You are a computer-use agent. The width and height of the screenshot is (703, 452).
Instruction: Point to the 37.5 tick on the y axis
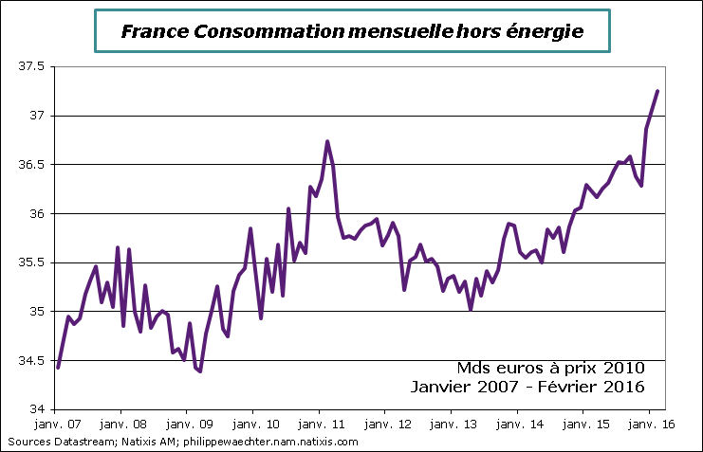32,66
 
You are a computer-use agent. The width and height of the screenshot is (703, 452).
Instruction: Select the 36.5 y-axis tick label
32,164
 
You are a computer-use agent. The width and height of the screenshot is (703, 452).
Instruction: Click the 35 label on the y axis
38,311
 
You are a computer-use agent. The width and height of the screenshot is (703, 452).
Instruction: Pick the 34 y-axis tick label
38,408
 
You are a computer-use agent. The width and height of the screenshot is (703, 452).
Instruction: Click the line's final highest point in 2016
657,91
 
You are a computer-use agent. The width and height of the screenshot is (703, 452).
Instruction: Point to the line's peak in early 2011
327,141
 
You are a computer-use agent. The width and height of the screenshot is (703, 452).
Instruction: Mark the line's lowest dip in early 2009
200,371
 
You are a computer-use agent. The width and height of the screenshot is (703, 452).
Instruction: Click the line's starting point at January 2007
58,367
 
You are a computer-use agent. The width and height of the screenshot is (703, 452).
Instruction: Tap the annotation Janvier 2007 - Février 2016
528,387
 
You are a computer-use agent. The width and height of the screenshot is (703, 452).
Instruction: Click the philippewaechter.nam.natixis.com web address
286,442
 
